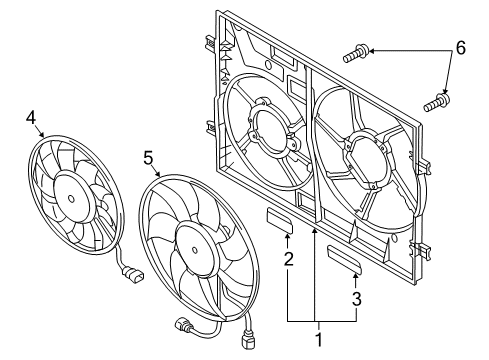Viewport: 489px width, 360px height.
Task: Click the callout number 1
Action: pyautogui.click(x=319, y=340)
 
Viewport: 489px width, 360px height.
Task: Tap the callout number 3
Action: pyautogui.click(x=357, y=299)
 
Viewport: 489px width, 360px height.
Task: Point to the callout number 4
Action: pyautogui.click(x=31, y=118)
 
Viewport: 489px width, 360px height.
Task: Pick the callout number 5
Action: pyautogui.click(x=148, y=158)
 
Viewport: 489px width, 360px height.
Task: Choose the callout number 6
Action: pyautogui.click(x=460, y=48)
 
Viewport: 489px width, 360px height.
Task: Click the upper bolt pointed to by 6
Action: pyautogui.click(x=356, y=54)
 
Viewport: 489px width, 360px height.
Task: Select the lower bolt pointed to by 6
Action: pyautogui.click(x=437, y=103)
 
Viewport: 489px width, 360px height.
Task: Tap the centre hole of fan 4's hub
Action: pyautogui.click(x=71, y=199)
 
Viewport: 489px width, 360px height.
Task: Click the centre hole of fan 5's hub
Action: pyautogui.click(x=195, y=250)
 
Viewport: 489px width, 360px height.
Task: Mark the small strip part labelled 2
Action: pyautogui.click(x=280, y=220)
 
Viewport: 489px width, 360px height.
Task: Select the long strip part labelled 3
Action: pyautogui.click(x=344, y=259)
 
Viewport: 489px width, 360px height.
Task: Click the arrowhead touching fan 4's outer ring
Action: pyautogui.click(x=42, y=134)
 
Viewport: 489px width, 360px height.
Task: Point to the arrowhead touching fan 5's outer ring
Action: pyautogui.click(x=158, y=174)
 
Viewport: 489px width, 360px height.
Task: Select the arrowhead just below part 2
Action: pyautogui.click(x=287, y=237)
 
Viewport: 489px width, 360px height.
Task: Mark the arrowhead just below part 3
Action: pyautogui.click(x=356, y=276)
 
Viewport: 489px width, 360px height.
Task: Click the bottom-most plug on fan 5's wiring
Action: pyautogui.click(x=246, y=343)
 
